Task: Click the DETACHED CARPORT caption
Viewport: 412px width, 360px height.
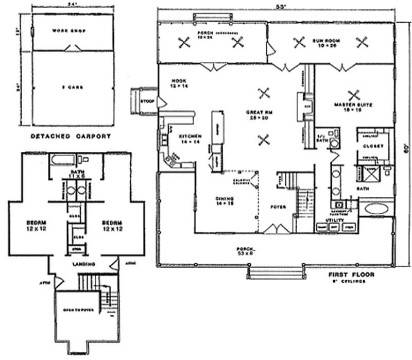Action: point(71,136)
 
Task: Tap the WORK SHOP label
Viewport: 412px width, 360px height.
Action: point(68,31)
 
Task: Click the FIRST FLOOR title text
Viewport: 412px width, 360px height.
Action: point(352,275)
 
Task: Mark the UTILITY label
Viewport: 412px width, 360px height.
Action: point(328,220)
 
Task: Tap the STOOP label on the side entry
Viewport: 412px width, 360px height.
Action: point(147,101)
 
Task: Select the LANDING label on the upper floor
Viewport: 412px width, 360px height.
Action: point(83,265)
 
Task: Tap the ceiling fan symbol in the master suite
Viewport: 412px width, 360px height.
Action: point(353,94)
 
